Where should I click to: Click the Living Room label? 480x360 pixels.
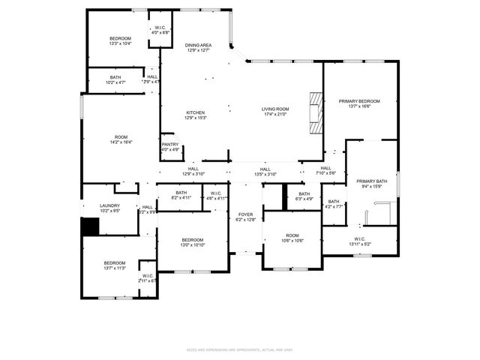275,109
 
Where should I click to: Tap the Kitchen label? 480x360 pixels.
196,113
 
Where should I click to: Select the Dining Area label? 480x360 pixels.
199,46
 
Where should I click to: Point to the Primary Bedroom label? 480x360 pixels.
359,101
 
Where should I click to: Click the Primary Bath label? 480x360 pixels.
371,181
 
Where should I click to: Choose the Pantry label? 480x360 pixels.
170,145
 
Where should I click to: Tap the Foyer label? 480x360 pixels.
245,214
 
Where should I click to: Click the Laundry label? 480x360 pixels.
110,205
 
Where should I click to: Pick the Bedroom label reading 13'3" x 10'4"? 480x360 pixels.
121,38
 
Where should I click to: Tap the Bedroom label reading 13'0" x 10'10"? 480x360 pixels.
193,240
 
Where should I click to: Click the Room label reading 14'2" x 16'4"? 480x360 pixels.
121,137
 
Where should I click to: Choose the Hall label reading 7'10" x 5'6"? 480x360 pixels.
325,169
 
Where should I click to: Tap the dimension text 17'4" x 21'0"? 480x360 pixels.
275,115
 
